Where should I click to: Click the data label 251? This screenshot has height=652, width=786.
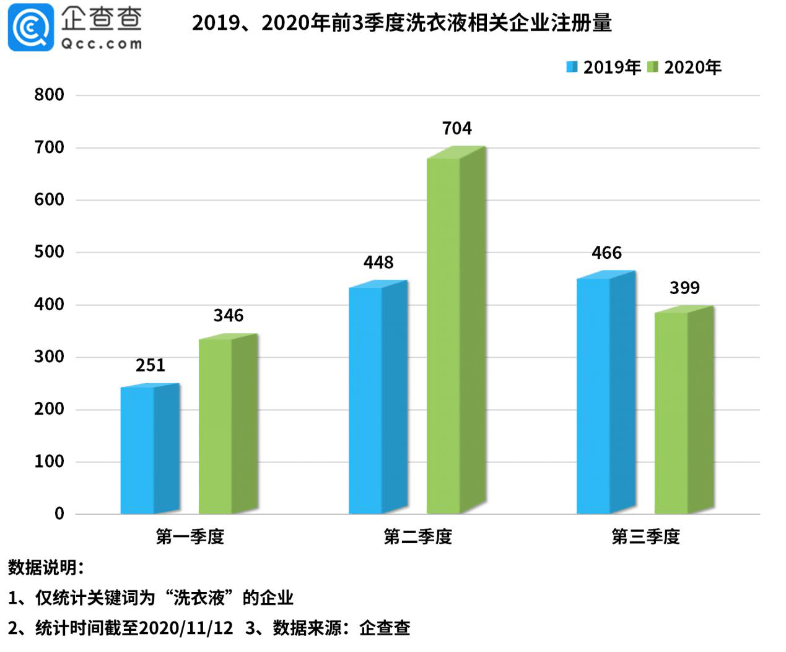pyautogui.click(x=151, y=365)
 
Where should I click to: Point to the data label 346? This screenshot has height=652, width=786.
pyautogui.click(x=229, y=316)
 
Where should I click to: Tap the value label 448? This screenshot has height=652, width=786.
pyautogui.click(x=378, y=263)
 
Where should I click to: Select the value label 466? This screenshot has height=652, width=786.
pyautogui.click(x=606, y=253)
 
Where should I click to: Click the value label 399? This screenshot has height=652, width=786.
pyautogui.click(x=684, y=288)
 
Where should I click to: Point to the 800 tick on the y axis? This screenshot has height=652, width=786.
pyautogui.click(x=50, y=95)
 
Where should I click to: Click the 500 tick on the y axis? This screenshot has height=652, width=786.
pyautogui.click(x=50, y=252)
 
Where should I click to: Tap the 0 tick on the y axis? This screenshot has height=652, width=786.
pyautogui.click(x=59, y=513)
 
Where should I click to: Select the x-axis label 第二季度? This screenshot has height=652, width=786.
pyautogui.click(x=417, y=537)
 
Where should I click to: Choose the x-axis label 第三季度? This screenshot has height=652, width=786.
pyautogui.click(x=645, y=537)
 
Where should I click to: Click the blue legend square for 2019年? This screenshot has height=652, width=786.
pyautogui.click(x=572, y=67)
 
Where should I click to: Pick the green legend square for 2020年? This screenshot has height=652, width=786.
pyautogui.click(x=652, y=67)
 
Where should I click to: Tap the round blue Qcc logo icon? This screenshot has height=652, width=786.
pyautogui.click(x=30, y=27)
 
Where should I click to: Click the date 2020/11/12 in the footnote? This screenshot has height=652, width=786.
pyautogui.click(x=186, y=628)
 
